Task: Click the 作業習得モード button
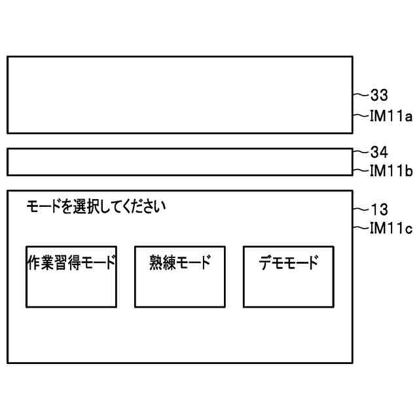[71, 277]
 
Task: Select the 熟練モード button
[180, 277]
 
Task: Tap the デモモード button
[288, 277]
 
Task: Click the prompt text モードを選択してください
[96, 208]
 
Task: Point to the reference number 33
[380, 96]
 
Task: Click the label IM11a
[391, 117]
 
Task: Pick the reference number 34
[380, 153]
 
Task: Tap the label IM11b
[391, 172]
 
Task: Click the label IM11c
[391, 228]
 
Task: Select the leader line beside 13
[361, 209]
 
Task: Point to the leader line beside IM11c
[361, 228]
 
